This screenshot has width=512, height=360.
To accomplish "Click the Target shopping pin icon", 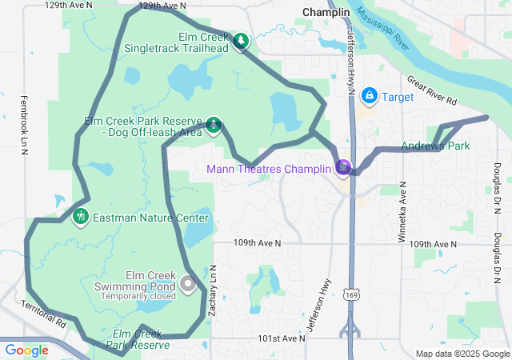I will tap(370, 97).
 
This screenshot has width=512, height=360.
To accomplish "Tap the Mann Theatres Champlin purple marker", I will tap(344, 167).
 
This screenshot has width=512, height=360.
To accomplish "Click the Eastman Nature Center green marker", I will tap(80, 217).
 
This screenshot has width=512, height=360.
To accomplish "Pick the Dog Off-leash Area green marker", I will tap(214, 124).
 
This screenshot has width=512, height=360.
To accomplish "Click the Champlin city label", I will tap(326, 13).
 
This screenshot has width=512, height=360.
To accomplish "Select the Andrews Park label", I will tap(435, 146).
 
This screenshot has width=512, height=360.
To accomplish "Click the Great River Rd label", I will tap(431, 91).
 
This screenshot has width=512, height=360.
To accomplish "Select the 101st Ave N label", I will tap(282, 338).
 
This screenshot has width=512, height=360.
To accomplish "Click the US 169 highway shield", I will tap(350, 295).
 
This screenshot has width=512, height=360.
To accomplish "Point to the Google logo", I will tap(26, 350).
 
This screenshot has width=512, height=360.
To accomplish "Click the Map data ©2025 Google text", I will tap(462, 354).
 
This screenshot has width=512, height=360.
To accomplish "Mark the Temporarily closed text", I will tap(138, 296).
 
